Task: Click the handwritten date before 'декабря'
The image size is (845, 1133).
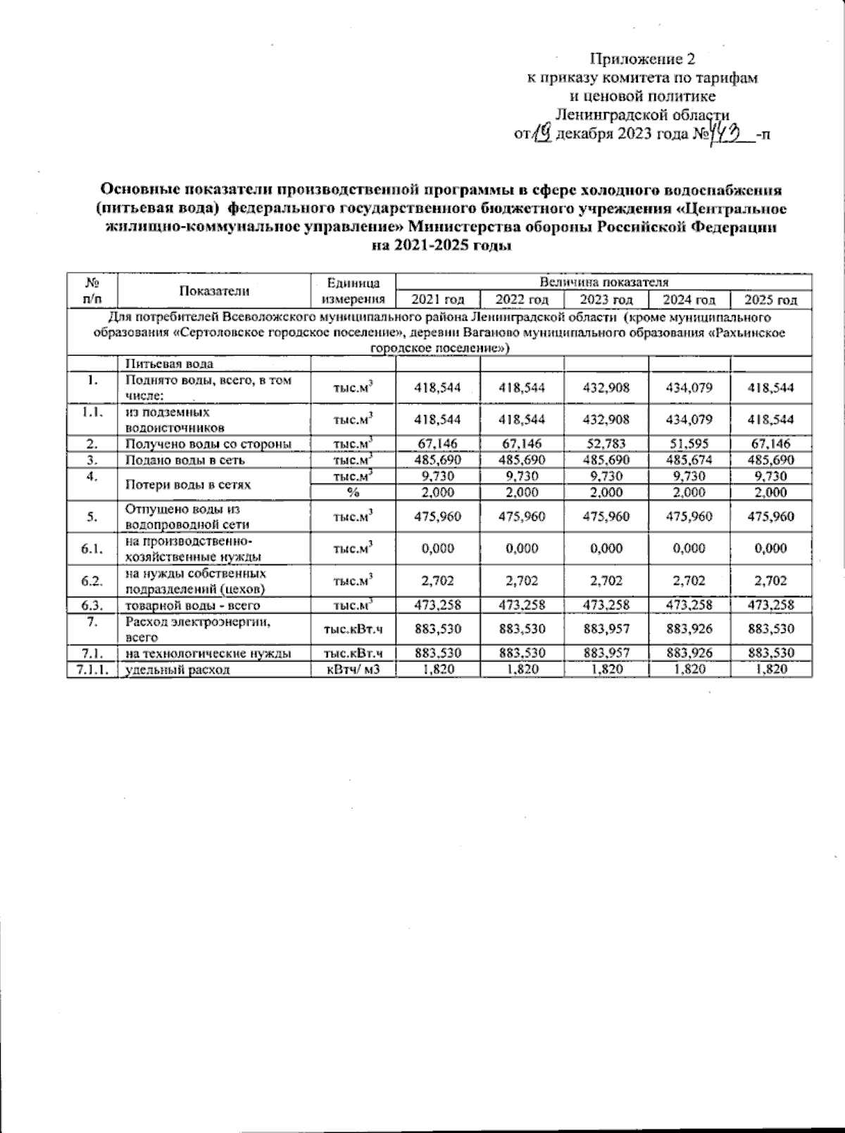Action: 542,132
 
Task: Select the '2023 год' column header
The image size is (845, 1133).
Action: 606,299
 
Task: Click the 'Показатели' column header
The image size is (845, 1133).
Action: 214,290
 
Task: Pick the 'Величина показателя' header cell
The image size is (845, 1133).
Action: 603,282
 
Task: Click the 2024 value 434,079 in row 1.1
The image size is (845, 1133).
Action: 689,420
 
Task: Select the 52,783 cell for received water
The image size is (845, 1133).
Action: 606,444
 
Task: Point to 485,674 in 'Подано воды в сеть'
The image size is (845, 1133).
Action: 689,460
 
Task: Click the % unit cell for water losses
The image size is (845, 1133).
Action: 353,493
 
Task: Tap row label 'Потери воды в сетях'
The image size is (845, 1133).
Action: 188,485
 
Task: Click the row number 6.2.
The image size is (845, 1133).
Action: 92,581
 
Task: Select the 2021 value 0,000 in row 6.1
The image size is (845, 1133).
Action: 438,549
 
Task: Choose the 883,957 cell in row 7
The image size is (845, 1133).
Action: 606,629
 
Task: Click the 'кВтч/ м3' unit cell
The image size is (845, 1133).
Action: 353,669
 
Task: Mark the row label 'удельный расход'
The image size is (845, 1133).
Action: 177,669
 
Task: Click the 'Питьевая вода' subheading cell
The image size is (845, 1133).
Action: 169,364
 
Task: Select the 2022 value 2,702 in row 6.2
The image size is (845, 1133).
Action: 522,581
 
